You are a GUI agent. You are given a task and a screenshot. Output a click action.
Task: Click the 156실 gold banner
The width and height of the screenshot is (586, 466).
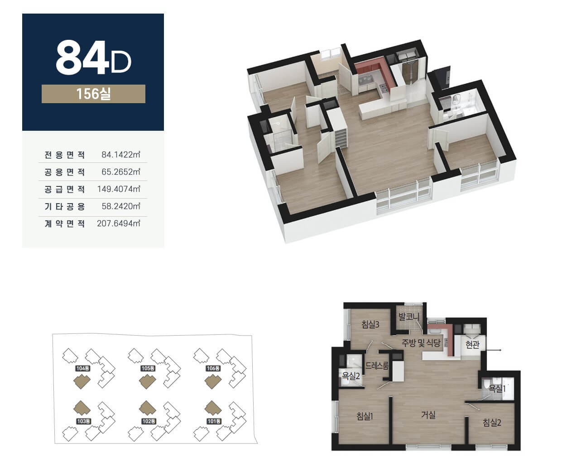coord(93,94)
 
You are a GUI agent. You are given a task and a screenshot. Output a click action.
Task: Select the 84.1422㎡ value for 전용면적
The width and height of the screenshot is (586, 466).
coord(121,155)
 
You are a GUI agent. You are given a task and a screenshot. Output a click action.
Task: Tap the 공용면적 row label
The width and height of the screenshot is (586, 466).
coord(65,172)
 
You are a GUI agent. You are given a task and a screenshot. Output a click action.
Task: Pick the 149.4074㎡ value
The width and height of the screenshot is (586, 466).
coord(119,189)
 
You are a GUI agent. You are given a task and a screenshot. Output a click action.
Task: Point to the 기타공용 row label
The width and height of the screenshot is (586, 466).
coord(65,206)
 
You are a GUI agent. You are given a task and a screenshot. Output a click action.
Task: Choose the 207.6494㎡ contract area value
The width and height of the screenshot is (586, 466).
coord(119,223)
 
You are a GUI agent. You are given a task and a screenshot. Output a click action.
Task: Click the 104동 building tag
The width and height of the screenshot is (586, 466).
coord(83,368)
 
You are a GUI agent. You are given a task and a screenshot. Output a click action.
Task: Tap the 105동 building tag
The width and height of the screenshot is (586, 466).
coord(148,368)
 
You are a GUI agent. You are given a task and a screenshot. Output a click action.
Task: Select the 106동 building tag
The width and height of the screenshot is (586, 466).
coord(213,368)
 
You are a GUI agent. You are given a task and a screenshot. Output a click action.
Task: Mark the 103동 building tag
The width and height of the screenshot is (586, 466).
coord(84,421)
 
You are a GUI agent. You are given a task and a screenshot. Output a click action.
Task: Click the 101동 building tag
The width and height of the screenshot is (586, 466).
coord(214,421)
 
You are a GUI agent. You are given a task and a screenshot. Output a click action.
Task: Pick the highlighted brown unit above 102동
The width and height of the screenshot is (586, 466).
coord(147,408)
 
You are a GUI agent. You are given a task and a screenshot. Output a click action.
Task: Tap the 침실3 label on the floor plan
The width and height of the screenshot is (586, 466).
coord(370,324)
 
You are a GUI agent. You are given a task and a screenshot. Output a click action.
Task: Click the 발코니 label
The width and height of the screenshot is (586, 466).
coord(409,317)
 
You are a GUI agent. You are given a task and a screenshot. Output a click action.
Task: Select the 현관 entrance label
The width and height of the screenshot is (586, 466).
coord(472,345)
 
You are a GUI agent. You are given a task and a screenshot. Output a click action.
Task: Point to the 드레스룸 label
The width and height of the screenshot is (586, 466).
coord(377,366)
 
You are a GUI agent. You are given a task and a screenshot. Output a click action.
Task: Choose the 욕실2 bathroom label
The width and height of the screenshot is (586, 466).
coord(351,376)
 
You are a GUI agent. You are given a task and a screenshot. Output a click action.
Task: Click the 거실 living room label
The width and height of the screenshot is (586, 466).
coord(428,415)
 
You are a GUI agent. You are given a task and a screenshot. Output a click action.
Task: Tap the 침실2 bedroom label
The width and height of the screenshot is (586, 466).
coord(492,423)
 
